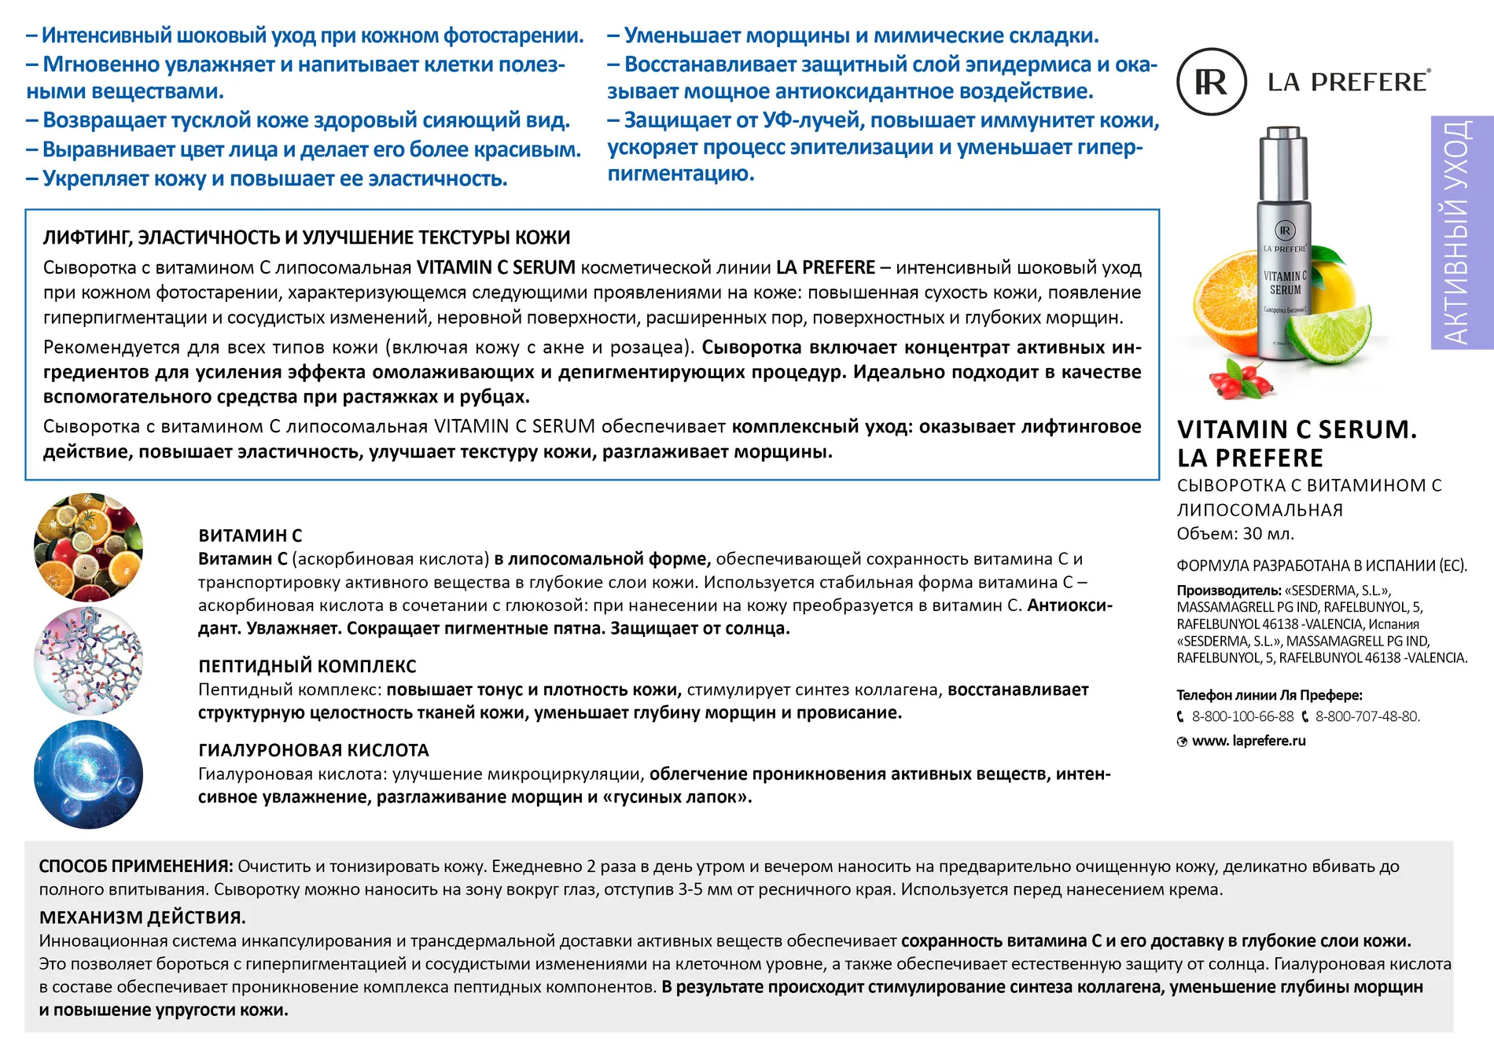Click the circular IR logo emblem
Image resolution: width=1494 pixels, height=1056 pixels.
1211,82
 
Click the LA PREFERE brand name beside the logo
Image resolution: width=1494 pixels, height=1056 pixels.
1348,82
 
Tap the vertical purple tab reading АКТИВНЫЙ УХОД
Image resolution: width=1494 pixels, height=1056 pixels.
1461,233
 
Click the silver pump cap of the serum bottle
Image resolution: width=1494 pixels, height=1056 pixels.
1283,161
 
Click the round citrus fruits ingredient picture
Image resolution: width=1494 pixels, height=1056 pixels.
88,547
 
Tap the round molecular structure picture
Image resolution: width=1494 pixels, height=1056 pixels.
88,660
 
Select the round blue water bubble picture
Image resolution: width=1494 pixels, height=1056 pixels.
88,775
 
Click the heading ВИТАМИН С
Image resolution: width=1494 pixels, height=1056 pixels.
250,535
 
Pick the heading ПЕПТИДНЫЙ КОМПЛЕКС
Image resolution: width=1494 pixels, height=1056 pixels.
307,666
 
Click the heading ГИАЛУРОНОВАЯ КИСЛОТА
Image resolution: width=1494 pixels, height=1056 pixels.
313,750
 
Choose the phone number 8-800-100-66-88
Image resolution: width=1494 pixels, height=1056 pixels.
1242,716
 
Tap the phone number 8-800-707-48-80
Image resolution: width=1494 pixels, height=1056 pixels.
1367,716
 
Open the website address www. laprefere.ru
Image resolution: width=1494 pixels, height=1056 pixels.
1249,741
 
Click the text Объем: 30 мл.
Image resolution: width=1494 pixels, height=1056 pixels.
1235,534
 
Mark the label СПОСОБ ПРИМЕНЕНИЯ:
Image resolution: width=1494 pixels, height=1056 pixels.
135,867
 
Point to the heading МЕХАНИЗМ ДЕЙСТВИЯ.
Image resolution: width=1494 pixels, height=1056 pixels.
142,918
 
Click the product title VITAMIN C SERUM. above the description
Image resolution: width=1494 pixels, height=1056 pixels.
1296,430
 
